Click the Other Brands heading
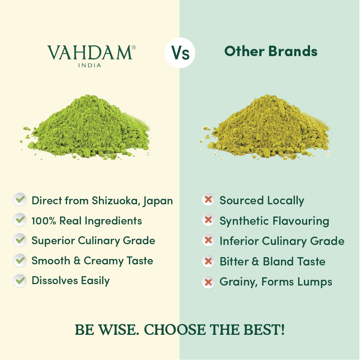[271, 51]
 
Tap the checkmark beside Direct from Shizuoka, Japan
[20, 199]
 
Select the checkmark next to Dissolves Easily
[20, 280]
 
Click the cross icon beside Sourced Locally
[208, 200]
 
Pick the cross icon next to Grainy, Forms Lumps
[208, 282]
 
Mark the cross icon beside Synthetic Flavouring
[208, 220]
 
